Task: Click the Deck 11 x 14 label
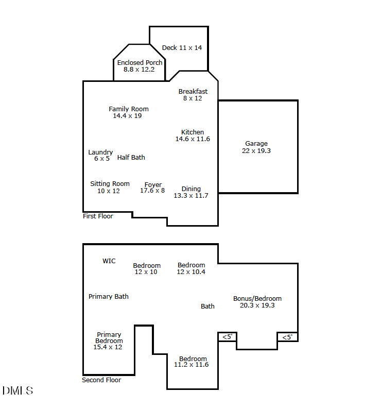[x=182, y=48]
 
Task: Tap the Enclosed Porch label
[x=140, y=63]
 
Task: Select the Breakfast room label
[x=193, y=92]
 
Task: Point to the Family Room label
[x=129, y=109]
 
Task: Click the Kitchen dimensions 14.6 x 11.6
[x=193, y=139]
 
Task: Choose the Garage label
[x=256, y=144]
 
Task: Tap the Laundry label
[x=100, y=152]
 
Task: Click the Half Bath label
[x=131, y=158]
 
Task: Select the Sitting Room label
[x=110, y=184]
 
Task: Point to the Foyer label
[x=153, y=185]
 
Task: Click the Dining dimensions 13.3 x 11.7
[x=191, y=196]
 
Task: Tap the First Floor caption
[x=98, y=216]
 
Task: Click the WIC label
[x=109, y=261]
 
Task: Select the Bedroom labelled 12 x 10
[x=147, y=266]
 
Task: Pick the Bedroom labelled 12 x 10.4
[x=191, y=265]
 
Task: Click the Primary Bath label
[x=109, y=297]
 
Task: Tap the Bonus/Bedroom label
[x=257, y=299]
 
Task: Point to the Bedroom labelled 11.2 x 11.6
[x=193, y=359]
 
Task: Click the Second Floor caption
[x=101, y=380]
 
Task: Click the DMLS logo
[x=18, y=390]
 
